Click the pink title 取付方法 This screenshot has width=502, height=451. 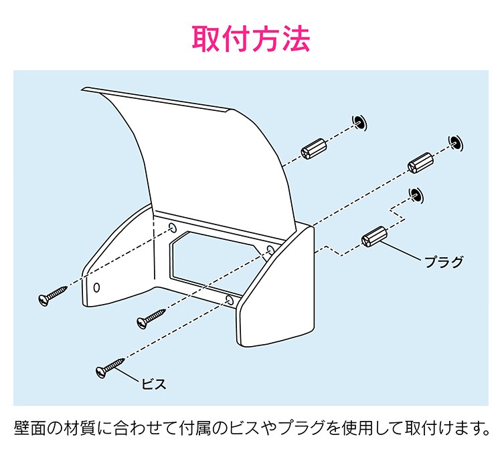251,39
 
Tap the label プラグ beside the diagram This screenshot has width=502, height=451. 444,261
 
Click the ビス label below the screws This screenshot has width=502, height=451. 153,384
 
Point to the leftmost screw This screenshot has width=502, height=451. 53,295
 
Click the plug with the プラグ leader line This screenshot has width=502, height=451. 374,237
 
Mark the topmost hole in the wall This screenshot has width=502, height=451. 359,121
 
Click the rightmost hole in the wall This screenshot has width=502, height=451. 456,141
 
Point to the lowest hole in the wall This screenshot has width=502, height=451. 416,194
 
